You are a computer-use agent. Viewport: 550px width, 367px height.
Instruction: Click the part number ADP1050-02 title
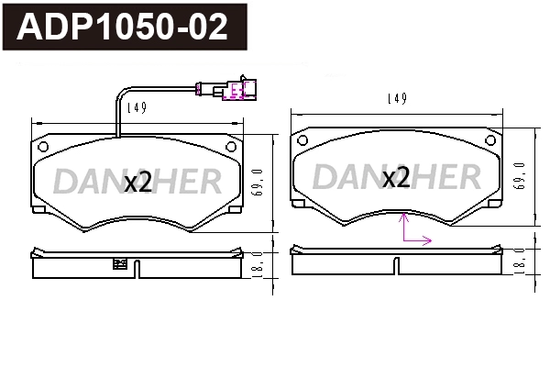pos(124,28)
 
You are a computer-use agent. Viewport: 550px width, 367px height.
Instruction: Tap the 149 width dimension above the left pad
pos(137,107)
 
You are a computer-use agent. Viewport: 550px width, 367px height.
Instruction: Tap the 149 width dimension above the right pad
pos(396,98)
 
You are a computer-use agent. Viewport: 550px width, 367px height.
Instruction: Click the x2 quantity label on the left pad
pos(137,182)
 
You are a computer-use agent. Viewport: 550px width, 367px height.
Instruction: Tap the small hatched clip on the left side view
pos(118,265)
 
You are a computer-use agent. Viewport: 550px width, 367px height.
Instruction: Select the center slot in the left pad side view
pos(137,269)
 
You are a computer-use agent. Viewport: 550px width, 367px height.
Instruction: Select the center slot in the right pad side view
pos(396,265)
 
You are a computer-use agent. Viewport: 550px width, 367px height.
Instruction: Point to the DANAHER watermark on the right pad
pos(396,177)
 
